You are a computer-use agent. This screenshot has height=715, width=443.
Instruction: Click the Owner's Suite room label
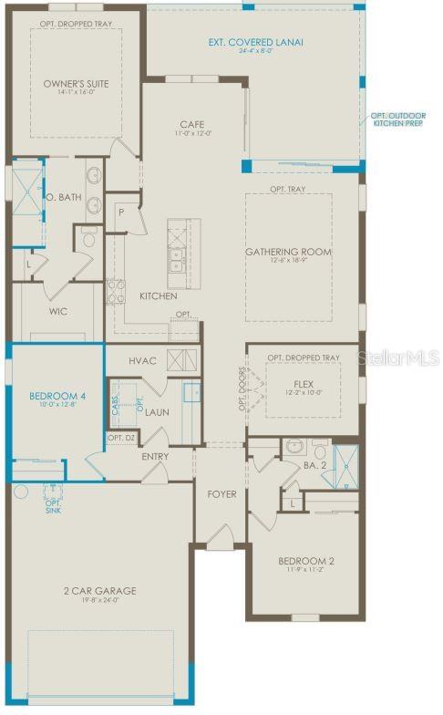77,84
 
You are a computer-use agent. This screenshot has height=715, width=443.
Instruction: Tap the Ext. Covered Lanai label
256,42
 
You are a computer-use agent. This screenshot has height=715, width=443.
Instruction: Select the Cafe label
191,124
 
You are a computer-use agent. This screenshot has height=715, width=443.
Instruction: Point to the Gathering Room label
288,252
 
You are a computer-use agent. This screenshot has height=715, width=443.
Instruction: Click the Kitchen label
158,296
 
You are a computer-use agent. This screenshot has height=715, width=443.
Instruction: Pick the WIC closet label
58,311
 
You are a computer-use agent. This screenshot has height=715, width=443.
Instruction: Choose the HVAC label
143,361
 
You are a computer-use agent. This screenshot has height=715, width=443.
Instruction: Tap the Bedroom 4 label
57,396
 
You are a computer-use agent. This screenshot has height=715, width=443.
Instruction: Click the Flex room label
304,384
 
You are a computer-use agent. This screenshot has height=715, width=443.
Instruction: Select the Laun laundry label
157,412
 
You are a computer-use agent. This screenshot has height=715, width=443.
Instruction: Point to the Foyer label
221,494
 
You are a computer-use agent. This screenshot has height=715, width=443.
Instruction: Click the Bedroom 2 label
305,561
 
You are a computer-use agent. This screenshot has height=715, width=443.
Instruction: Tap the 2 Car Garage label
101,591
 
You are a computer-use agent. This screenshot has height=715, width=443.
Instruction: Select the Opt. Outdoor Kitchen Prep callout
398,119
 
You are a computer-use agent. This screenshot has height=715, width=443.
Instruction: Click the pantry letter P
119,211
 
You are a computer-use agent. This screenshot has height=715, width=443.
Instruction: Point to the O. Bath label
63,196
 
